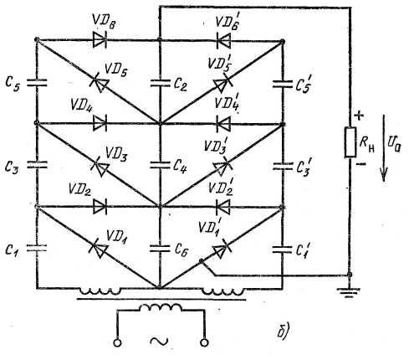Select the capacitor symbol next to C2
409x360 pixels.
point(160,83)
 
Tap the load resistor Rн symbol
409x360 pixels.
point(350,142)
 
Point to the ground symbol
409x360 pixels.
point(349,292)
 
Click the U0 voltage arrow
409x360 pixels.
point(384,148)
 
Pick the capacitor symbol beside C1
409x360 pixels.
point(37,248)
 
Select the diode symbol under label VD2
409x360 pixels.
point(100,207)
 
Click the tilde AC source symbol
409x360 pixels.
point(159,341)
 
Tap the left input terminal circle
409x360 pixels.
point(117,342)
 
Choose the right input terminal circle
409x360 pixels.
point(204,342)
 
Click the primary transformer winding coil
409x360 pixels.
point(161,308)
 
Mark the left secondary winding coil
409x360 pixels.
point(100,291)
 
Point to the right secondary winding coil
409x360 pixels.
point(222,291)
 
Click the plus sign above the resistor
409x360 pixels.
point(360,116)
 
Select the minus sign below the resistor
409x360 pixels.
point(361,164)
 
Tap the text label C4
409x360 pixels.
point(180,166)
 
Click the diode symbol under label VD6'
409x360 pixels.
point(223,41)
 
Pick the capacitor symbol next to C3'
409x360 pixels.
point(283,167)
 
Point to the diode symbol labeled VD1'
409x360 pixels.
point(221,249)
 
